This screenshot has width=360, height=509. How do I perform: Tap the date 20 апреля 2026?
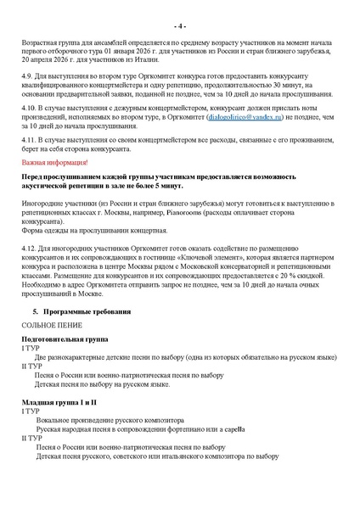coord(45,70)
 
